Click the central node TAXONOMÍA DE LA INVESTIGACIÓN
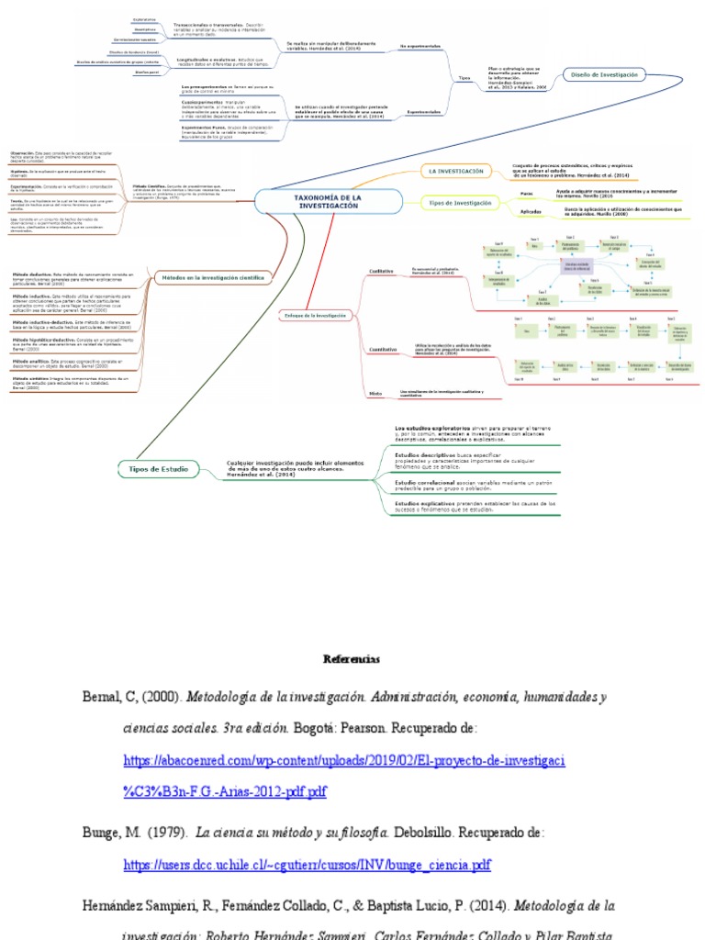pyautogui.click(x=328, y=202)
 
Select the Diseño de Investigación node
pyautogui.click(x=604, y=75)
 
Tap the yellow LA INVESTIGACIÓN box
pyautogui.click(x=455, y=171)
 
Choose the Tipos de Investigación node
pyautogui.click(x=461, y=203)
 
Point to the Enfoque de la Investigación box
pyautogui.click(x=315, y=315)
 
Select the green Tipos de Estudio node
pyautogui.click(x=158, y=469)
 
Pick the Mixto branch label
pyautogui.click(x=375, y=393)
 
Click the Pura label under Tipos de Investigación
pyautogui.click(x=526, y=194)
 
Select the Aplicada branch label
pyautogui.click(x=531, y=212)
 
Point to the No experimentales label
pyautogui.click(x=418, y=44)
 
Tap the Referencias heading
pyautogui.click(x=352, y=659)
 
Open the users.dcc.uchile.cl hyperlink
pyautogui.click(x=307, y=865)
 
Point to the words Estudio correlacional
pyautogui.click(x=429, y=481)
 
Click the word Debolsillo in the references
pyautogui.click(x=425, y=834)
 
